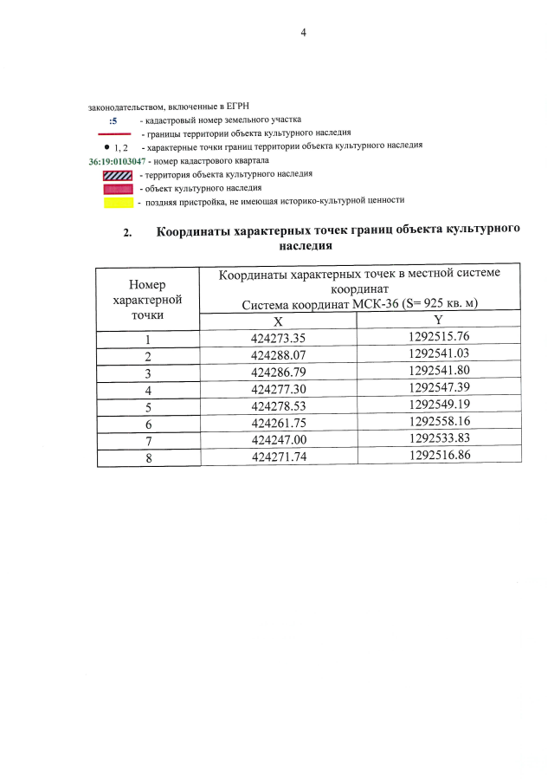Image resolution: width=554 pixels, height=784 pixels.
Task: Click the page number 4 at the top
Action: tap(303, 33)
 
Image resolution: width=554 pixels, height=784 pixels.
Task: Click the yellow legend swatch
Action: tap(116, 201)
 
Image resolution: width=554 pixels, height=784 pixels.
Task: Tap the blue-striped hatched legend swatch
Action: tap(116, 175)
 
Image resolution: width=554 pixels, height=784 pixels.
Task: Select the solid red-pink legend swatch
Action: tap(116, 188)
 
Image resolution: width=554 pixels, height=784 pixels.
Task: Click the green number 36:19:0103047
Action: tap(117, 161)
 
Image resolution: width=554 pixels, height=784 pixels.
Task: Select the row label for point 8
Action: tap(148, 458)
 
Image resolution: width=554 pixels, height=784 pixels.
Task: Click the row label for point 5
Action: tap(148, 407)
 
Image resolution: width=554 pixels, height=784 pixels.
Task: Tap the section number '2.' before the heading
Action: tap(128, 233)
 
